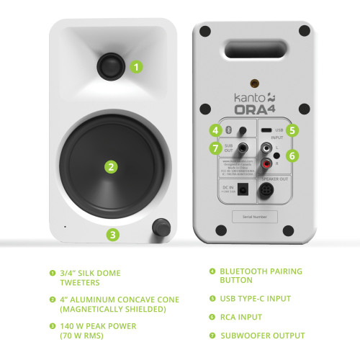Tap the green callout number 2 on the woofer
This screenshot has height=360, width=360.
111,167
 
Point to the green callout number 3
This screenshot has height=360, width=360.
114,234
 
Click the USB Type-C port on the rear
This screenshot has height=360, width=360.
267,130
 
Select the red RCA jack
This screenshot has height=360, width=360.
266,163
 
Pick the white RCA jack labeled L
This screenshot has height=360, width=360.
266,148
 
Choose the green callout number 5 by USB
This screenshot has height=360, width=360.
291,130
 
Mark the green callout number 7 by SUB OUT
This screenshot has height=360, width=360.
215,148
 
